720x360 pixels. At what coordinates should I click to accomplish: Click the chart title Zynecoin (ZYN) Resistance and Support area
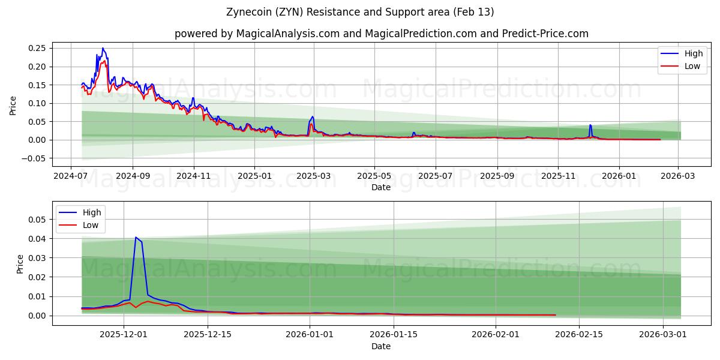point(360,12)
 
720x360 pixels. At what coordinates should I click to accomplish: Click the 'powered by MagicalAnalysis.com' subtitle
point(382,34)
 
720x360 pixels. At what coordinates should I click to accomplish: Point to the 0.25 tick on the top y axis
point(40,48)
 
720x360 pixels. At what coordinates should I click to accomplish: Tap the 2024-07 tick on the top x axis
point(71,176)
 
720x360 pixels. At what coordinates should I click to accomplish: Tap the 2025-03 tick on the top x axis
point(313,176)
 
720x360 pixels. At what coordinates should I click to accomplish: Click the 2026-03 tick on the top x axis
point(678,176)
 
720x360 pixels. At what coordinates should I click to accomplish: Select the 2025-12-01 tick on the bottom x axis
point(124,335)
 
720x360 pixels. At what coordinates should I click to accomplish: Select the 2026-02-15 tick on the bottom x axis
point(579,335)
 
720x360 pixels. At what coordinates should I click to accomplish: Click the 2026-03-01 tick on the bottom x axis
point(662,335)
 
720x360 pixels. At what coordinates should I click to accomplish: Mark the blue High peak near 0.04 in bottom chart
point(136,237)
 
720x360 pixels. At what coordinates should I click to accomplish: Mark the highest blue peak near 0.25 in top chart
point(103,48)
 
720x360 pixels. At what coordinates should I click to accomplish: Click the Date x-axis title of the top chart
point(380,187)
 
